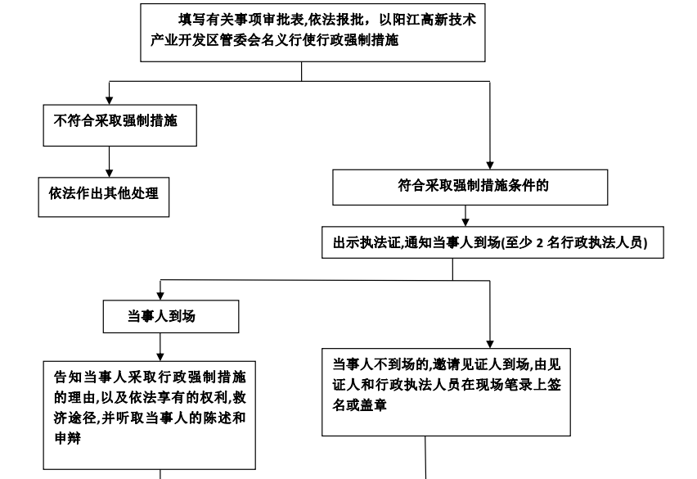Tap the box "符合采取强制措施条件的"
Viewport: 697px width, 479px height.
pyautogui.click(x=470, y=187)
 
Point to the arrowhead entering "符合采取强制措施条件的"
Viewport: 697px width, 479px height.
pyautogui.click(x=489, y=165)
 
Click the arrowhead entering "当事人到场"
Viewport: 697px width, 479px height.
pyautogui.click(x=161, y=296)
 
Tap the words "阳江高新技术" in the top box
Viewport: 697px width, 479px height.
pyautogui.click(x=437, y=21)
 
